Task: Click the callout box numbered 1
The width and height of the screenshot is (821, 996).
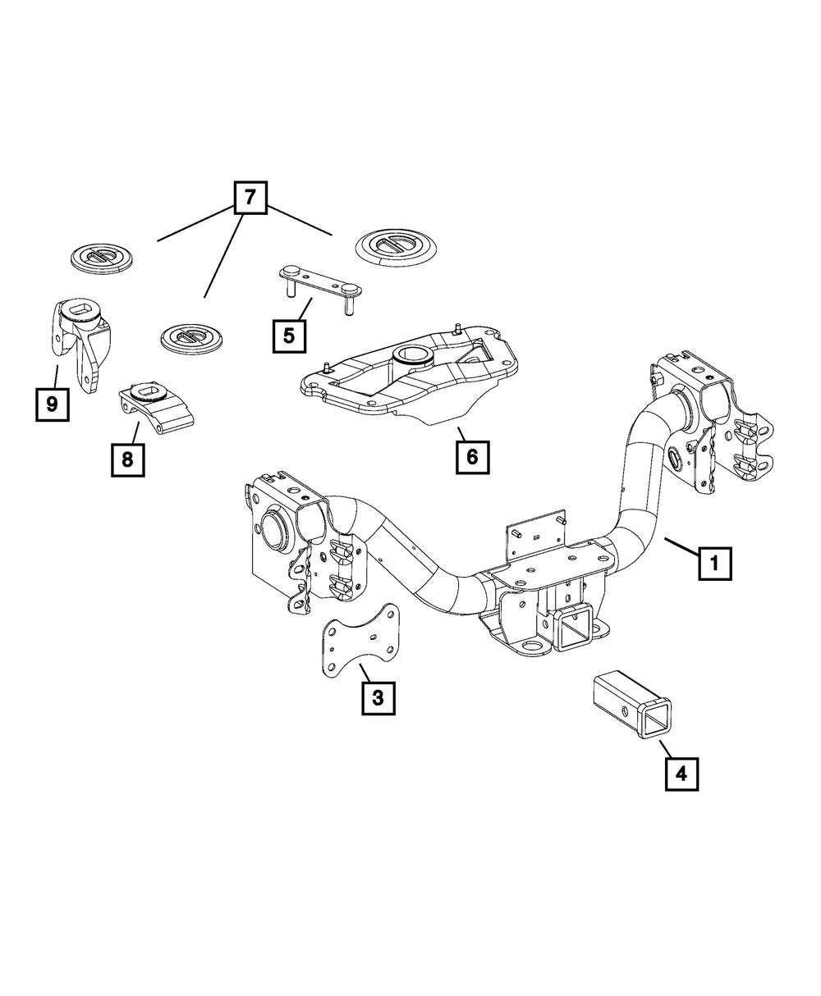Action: pos(715,564)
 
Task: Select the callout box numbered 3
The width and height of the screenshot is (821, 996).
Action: pos(378,697)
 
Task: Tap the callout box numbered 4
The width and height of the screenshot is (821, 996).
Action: pos(681,773)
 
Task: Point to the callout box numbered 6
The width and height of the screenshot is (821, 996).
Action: pos(473,457)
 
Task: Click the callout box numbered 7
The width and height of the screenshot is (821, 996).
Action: pos(250,198)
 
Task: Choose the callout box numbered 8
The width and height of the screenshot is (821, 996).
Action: pos(127,459)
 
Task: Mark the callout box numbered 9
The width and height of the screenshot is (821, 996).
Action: pos(52,404)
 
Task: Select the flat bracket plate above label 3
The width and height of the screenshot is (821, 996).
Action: pos(358,644)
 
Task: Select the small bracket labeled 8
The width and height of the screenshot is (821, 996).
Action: pos(156,407)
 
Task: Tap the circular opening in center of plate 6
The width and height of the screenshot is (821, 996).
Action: pos(408,355)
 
